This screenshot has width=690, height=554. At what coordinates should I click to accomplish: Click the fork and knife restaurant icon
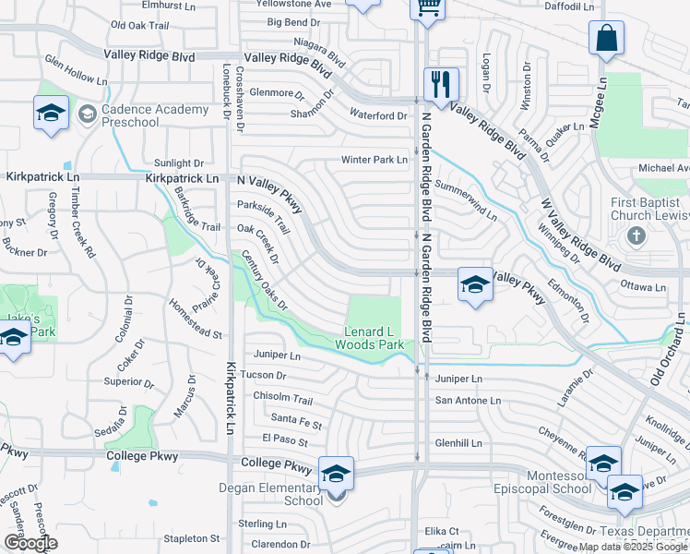(x=441, y=84)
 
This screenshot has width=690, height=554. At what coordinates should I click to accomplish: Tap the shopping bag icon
(x=607, y=38)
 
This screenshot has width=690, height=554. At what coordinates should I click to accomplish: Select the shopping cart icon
(x=427, y=7)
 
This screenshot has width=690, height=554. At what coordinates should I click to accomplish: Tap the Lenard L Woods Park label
(x=374, y=338)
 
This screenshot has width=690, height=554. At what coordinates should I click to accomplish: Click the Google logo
(x=30, y=542)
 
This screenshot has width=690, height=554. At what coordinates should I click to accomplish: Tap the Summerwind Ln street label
(x=466, y=206)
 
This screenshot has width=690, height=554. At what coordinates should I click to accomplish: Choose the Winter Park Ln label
(x=374, y=160)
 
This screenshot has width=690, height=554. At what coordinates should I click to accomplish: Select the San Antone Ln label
(x=468, y=401)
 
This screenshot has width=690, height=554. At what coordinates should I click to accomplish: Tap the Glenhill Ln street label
(x=458, y=443)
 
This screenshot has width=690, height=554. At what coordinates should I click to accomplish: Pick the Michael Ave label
(x=664, y=168)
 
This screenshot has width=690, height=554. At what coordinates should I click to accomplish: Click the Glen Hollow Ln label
(x=76, y=73)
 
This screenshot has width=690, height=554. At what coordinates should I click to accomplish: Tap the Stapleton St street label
(x=192, y=538)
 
